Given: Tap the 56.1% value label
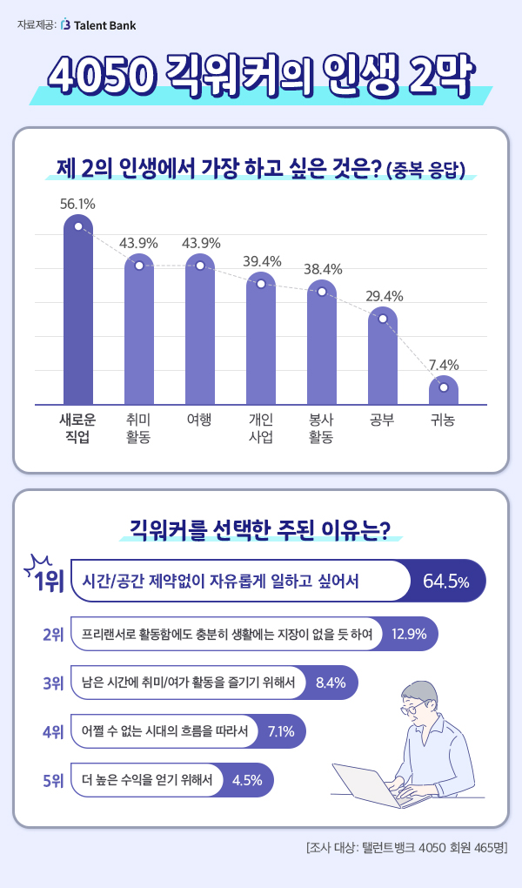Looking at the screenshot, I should [x=77, y=204].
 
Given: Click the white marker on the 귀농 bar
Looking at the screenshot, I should [x=444, y=387].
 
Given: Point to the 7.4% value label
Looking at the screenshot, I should [x=444, y=365].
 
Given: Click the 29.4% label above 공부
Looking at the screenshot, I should [x=383, y=296].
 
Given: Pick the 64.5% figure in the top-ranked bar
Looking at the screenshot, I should [x=446, y=581].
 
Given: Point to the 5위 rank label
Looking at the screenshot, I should [x=54, y=780].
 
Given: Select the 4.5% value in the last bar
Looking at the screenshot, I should [x=248, y=780].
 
